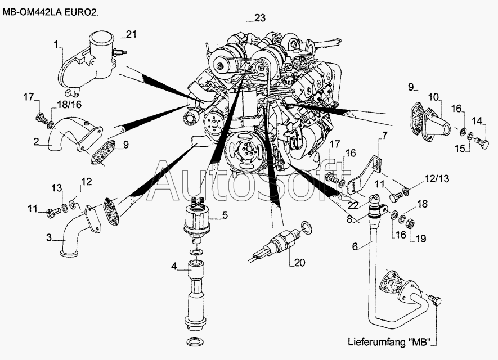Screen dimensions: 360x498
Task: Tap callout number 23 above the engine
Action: coord(259,19)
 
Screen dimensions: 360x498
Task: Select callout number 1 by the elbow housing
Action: coord(56,43)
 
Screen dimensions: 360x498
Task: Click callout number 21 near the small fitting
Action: coord(131,35)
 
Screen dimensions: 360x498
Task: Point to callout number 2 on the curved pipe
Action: coord(35,142)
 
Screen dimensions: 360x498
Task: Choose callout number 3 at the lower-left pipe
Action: coord(49,238)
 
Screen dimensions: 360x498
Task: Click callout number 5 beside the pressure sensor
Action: coord(224,214)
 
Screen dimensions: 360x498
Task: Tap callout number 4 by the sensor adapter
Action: coord(175,266)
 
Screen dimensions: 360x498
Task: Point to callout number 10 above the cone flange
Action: coord(434,97)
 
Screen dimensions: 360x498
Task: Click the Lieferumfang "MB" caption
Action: coord(392,342)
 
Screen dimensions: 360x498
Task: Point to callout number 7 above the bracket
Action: coord(385,135)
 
